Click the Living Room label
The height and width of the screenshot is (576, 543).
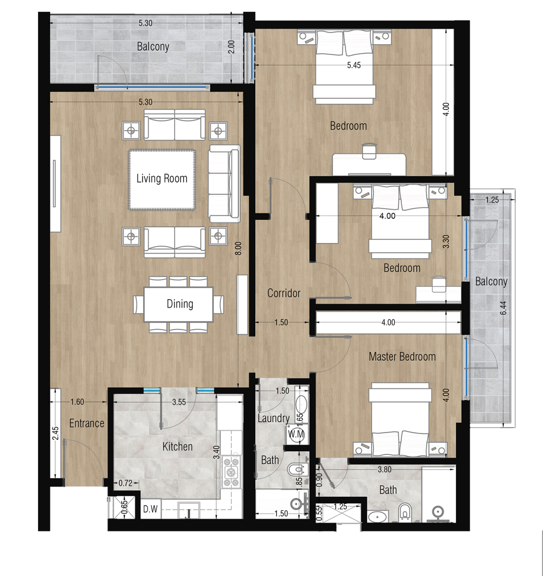[162, 179]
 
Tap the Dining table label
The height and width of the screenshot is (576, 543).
[180, 304]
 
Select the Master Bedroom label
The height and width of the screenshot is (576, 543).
[402, 356]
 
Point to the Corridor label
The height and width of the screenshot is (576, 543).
[284, 293]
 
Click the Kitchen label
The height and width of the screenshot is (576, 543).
[177, 446]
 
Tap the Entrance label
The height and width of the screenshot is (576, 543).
[86, 423]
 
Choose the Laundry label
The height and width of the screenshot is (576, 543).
[273, 418]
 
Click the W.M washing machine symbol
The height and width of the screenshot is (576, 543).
[296, 434]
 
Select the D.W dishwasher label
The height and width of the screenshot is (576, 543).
[150, 509]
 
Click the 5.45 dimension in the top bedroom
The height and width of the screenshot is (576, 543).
[354, 65]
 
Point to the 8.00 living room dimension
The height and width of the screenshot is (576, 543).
[238, 248]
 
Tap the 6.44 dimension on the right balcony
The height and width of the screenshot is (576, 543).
[503, 308]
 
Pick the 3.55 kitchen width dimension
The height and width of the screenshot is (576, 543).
[179, 402]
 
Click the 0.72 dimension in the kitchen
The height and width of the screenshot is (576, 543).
[125, 483]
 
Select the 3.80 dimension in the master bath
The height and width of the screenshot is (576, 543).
[385, 469]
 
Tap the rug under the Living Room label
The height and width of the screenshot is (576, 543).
[162, 179]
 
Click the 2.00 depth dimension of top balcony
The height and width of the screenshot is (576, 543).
[231, 47]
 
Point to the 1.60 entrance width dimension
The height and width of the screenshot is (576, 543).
[77, 401]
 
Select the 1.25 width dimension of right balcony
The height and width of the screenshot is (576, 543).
[492, 199]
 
